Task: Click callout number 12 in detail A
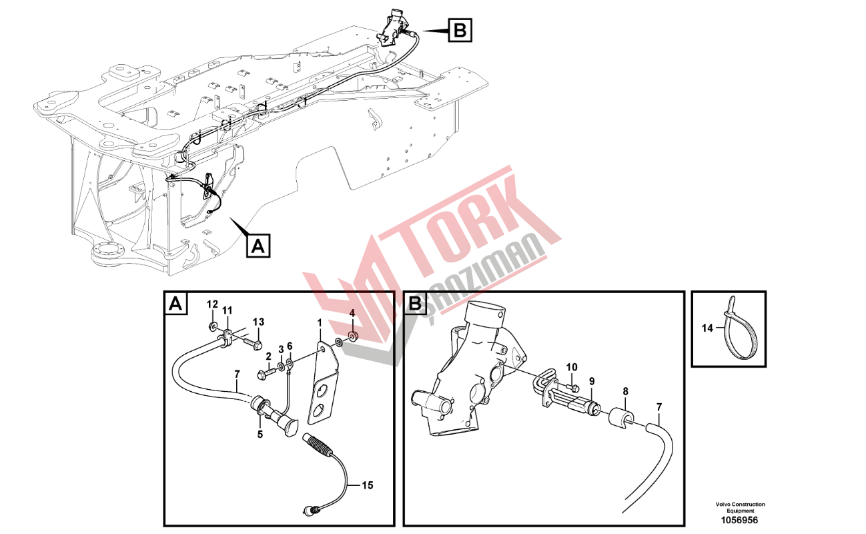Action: [x=212, y=304]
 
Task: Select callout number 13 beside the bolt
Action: [x=259, y=322]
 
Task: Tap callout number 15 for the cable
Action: [x=367, y=485]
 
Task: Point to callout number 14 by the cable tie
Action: [x=707, y=328]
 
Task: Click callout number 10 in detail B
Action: [x=572, y=367]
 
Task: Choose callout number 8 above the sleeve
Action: [x=626, y=392]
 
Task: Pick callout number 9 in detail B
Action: [x=592, y=381]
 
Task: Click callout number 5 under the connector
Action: [x=260, y=435]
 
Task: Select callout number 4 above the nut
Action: [x=352, y=312]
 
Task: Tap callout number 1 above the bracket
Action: [x=320, y=322]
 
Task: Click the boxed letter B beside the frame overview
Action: [x=460, y=30]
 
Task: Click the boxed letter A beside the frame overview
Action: [x=258, y=246]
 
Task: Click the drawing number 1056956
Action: [x=739, y=520]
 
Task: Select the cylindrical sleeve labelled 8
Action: [x=622, y=416]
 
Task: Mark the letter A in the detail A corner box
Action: [x=176, y=304]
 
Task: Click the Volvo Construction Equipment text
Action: [x=740, y=507]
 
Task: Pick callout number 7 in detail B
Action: [x=659, y=407]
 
